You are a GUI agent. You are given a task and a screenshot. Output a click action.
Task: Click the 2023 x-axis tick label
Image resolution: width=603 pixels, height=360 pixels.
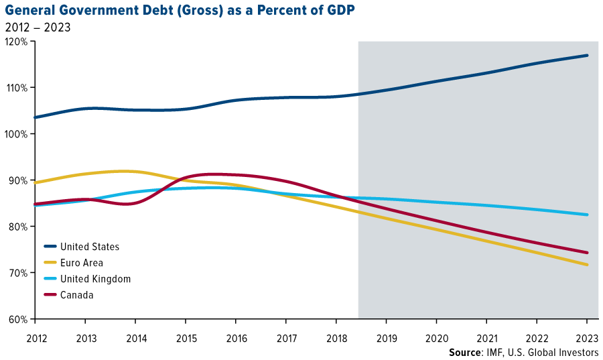(x=587, y=339)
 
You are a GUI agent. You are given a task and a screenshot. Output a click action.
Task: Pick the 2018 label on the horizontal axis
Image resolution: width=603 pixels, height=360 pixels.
(x=336, y=339)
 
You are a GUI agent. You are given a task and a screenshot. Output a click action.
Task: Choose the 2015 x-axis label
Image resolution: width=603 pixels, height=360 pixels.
(x=186, y=339)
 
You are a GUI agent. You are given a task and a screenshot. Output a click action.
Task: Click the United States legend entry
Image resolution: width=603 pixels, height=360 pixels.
(x=89, y=247)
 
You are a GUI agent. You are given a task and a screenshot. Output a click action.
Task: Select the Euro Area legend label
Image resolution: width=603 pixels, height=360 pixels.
(x=81, y=263)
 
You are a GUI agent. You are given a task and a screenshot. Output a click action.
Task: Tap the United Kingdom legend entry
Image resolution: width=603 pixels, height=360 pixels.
(x=94, y=279)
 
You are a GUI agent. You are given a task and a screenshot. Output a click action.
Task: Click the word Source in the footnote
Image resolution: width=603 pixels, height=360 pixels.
(x=466, y=353)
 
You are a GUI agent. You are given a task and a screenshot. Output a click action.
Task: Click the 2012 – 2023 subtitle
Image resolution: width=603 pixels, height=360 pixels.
(x=38, y=27)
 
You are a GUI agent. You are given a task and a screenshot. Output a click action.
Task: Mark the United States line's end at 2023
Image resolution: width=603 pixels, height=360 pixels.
(x=588, y=56)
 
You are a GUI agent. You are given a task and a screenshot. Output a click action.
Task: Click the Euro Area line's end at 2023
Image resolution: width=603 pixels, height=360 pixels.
(x=588, y=265)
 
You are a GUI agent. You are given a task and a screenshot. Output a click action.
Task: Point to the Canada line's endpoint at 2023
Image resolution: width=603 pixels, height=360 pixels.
(x=588, y=253)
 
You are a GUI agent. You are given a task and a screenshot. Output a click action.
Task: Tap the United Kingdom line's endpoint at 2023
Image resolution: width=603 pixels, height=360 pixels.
(x=588, y=215)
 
